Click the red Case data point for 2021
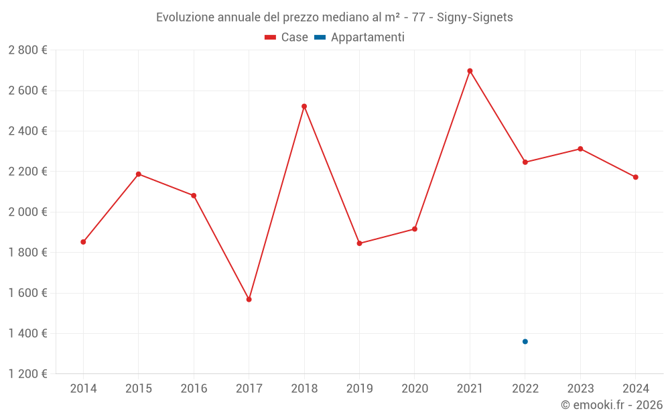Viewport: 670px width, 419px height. (x=470, y=71)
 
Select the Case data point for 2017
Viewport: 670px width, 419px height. (x=249, y=299)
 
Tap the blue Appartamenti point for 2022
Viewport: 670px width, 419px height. (x=525, y=341)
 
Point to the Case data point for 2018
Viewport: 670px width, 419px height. (x=304, y=107)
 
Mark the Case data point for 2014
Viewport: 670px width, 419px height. (x=83, y=242)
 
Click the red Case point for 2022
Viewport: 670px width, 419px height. (x=525, y=162)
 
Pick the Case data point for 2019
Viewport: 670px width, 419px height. (x=359, y=243)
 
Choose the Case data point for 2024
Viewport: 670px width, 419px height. (x=636, y=177)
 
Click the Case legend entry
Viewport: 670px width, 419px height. (x=286, y=38)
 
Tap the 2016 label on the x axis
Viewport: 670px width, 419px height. (x=194, y=389)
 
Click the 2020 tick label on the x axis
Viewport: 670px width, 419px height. (x=415, y=389)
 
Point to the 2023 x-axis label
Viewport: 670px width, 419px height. (x=580, y=389)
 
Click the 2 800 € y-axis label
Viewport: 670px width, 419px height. (x=27, y=50)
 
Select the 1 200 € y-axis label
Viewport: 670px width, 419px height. (x=27, y=374)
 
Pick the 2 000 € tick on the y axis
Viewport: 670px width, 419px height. (x=27, y=212)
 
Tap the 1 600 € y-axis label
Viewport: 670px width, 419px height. (x=27, y=293)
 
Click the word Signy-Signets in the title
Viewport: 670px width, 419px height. (x=475, y=17)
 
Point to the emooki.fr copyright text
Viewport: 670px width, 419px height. (x=612, y=405)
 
